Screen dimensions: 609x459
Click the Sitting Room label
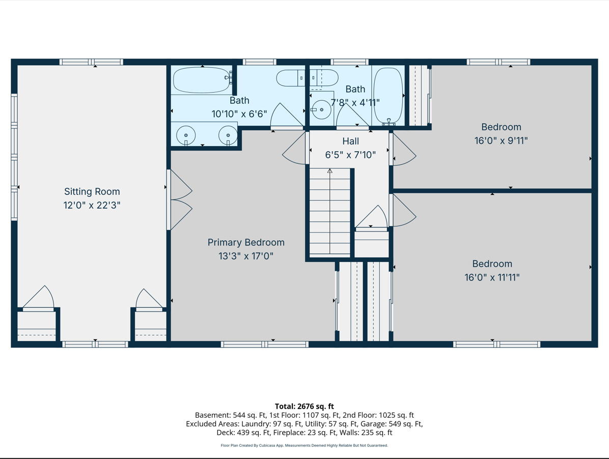[92, 192]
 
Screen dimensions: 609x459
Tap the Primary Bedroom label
[246, 243]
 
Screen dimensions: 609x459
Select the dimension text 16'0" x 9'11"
[501, 140]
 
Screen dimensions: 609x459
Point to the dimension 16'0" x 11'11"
[492, 277]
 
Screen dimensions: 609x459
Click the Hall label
[351, 141]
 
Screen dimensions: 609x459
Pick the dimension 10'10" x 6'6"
[239, 113]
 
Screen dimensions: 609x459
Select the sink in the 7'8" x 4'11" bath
[321, 110]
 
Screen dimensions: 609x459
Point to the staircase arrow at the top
[330, 170]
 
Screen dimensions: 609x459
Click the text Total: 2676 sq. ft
[305, 406]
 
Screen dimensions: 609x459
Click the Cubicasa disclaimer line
[305, 445]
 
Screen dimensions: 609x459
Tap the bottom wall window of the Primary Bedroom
[265, 344]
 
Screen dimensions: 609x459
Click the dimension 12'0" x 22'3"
[92, 205]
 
